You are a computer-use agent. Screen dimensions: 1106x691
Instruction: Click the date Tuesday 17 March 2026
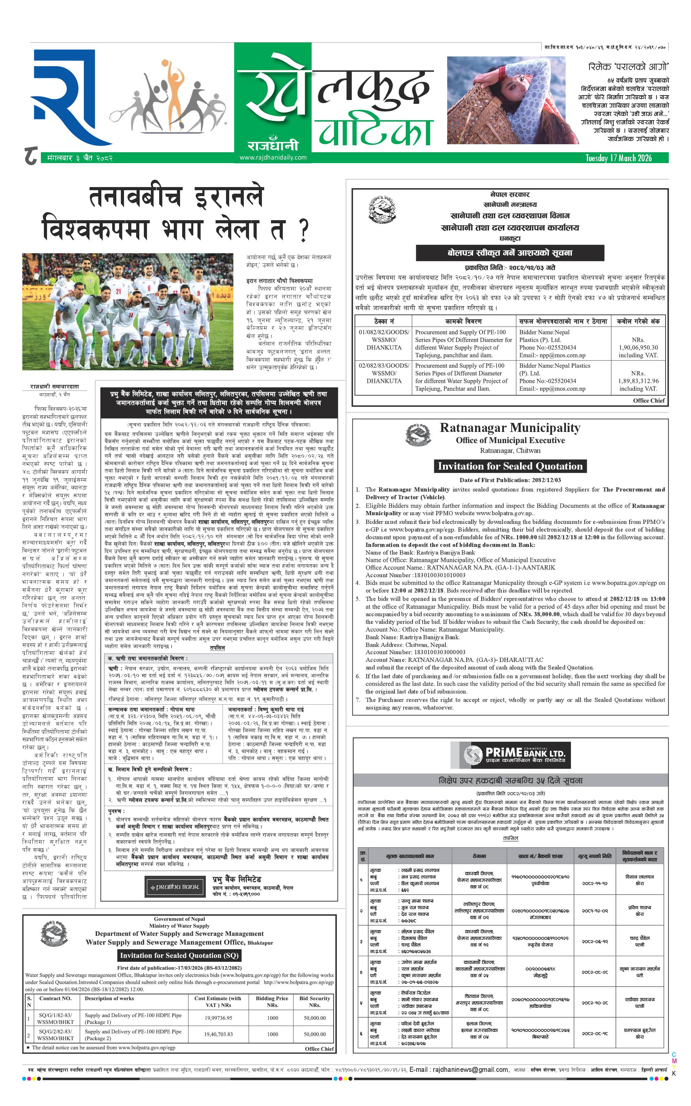point(618,158)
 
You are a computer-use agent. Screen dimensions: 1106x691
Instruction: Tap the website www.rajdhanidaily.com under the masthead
point(273,157)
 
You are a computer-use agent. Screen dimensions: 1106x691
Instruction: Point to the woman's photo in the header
point(507,100)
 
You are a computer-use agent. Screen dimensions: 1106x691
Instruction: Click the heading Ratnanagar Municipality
point(510,428)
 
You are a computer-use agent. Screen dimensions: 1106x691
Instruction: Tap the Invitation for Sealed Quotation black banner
point(510,466)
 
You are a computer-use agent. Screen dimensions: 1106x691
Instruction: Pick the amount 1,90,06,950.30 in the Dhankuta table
point(638,347)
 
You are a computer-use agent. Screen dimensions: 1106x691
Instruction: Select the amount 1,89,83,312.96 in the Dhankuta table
point(638,381)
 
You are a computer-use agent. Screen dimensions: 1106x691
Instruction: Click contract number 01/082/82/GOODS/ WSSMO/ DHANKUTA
point(384,340)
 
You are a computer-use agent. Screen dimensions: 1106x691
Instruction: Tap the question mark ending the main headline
point(303,231)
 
